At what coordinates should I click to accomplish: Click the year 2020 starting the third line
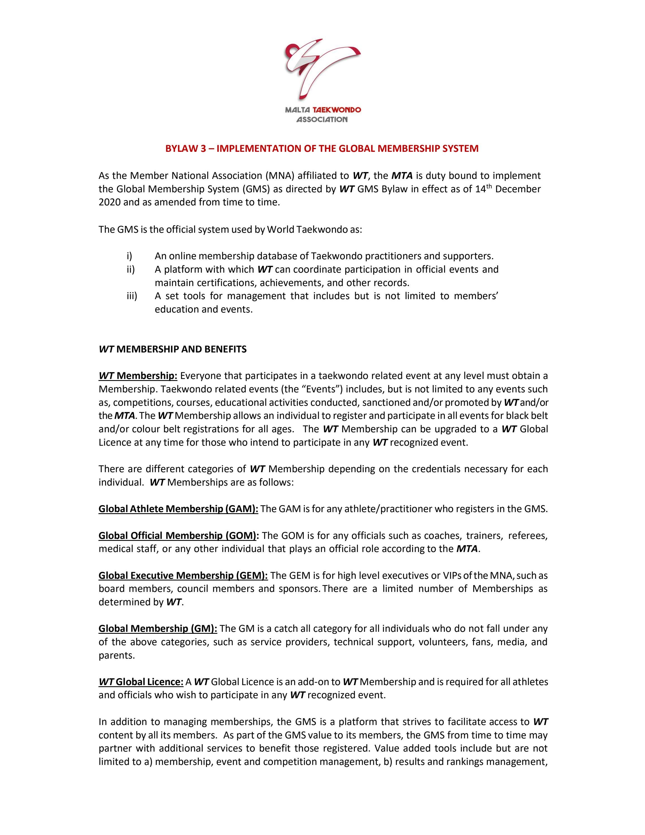(109, 202)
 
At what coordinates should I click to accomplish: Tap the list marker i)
(129, 256)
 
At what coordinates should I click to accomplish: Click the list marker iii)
(131, 296)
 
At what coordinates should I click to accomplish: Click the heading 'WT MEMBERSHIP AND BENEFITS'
(172, 349)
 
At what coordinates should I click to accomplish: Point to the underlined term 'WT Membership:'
(138, 376)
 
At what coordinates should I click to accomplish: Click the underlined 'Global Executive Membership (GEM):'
(183, 575)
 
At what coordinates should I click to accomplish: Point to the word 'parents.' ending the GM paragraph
(117, 655)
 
